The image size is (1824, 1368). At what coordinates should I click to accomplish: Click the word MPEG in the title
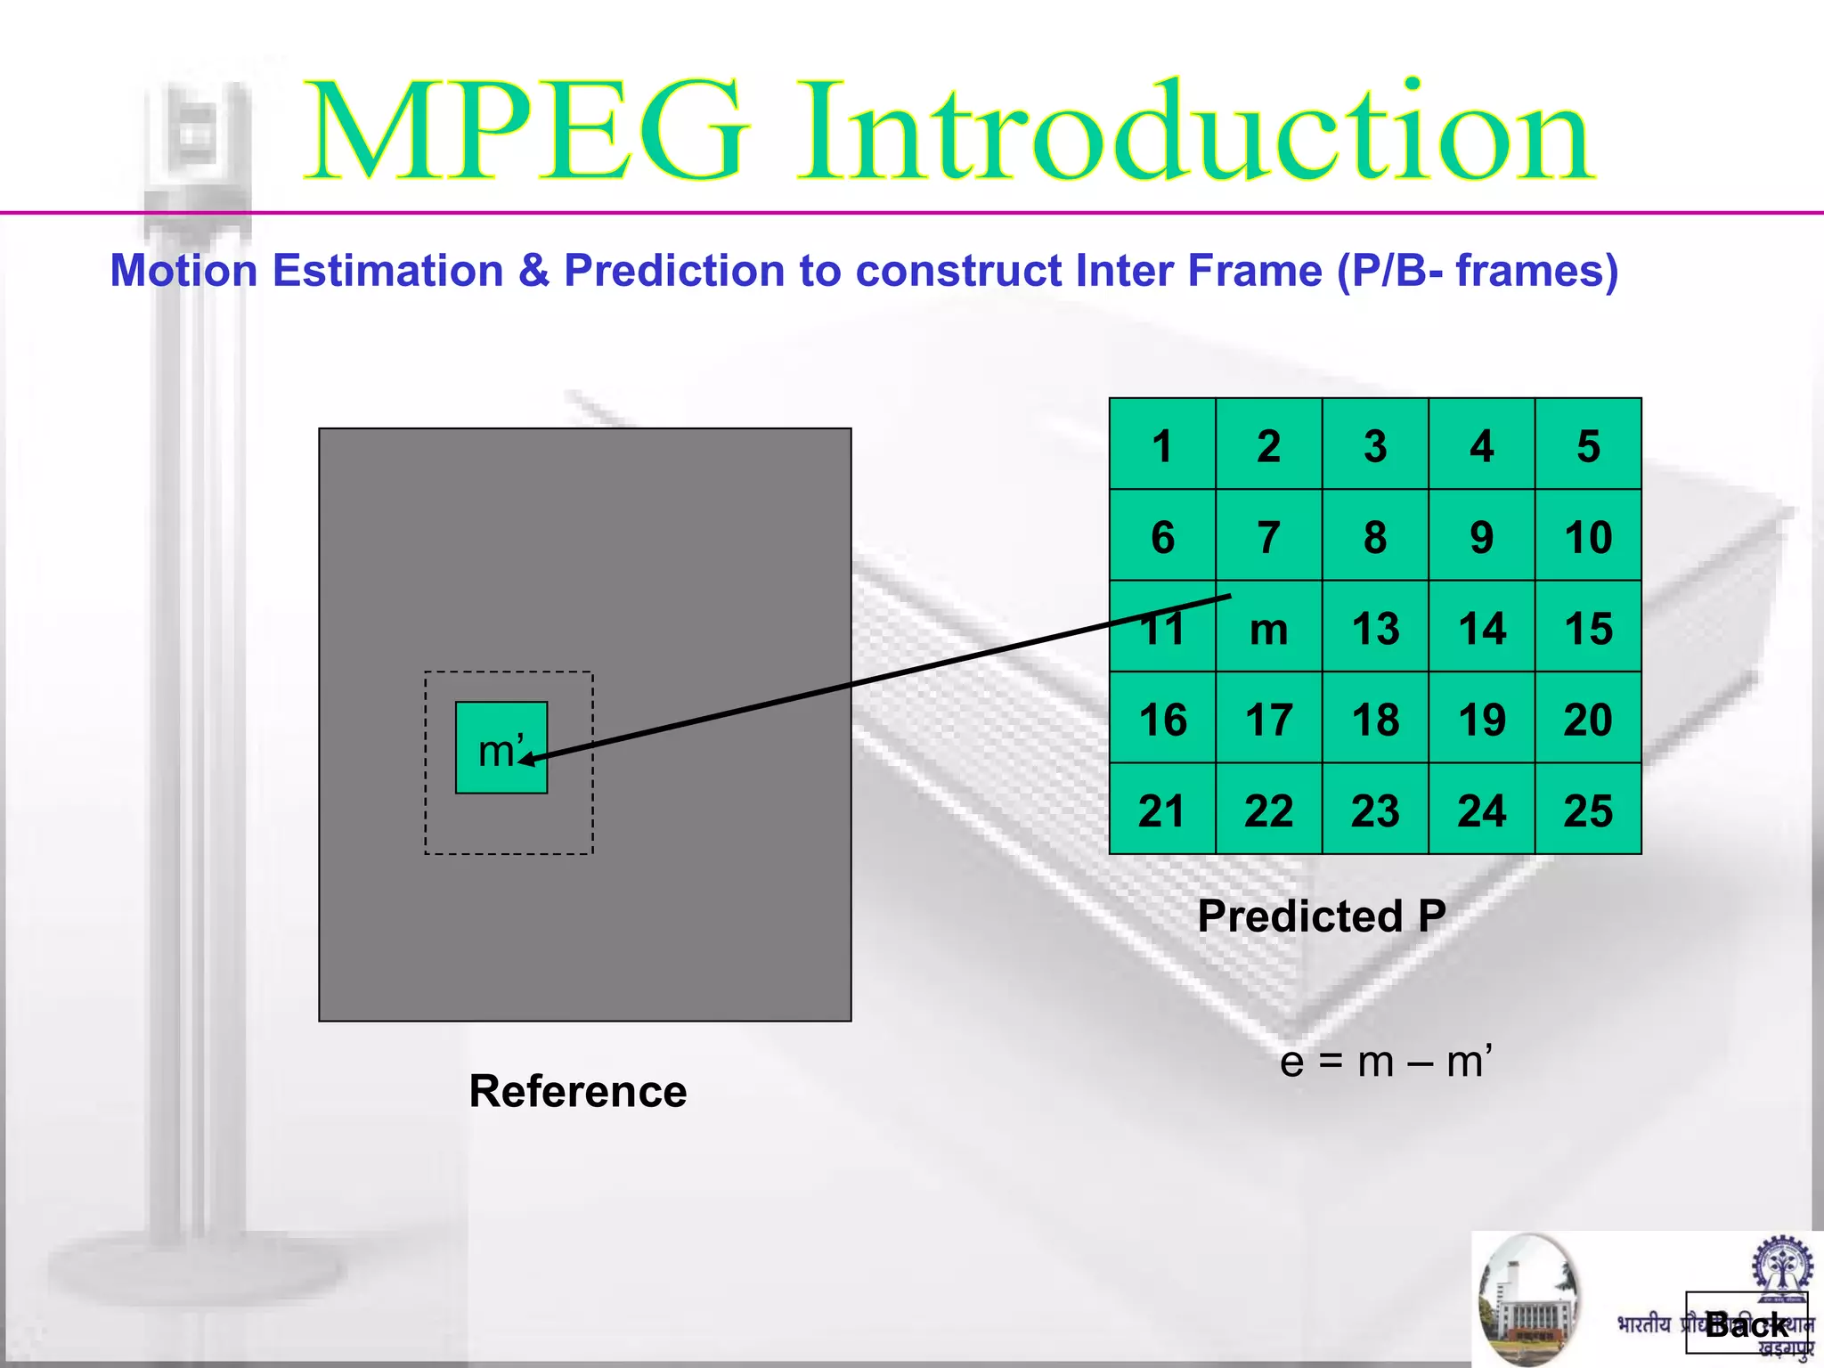click(525, 132)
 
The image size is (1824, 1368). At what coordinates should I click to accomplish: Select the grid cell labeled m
click(1268, 629)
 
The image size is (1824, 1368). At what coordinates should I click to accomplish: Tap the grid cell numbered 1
click(1162, 445)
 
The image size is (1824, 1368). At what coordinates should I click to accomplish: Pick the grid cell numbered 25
click(1588, 810)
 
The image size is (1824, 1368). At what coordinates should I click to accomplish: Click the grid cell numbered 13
click(1375, 628)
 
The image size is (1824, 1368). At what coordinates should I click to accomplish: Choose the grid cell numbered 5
click(1588, 445)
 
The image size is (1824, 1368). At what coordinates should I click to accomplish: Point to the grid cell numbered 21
click(1162, 810)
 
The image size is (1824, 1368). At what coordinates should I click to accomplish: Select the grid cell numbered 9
click(1481, 536)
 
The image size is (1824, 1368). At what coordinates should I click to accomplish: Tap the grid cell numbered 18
click(1375, 719)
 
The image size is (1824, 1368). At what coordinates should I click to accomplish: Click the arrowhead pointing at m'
click(526, 760)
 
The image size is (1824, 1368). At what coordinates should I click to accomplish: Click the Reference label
click(577, 1092)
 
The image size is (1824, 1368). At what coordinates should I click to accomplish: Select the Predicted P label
click(1321, 916)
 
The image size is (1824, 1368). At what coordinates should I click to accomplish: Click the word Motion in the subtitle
click(183, 271)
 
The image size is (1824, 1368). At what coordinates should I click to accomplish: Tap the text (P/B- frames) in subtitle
click(1477, 271)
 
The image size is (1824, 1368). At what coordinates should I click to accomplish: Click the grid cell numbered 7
click(1268, 536)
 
